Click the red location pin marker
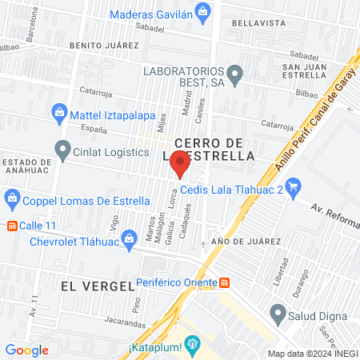tap(180, 166)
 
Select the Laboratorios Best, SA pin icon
tap(234, 76)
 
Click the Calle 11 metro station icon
tap(11, 226)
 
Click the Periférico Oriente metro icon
tap(225, 282)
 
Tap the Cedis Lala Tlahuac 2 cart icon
tap(293, 189)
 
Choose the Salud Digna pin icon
tap(278, 312)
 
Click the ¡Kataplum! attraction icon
tap(190, 346)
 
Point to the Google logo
tap(27, 350)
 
